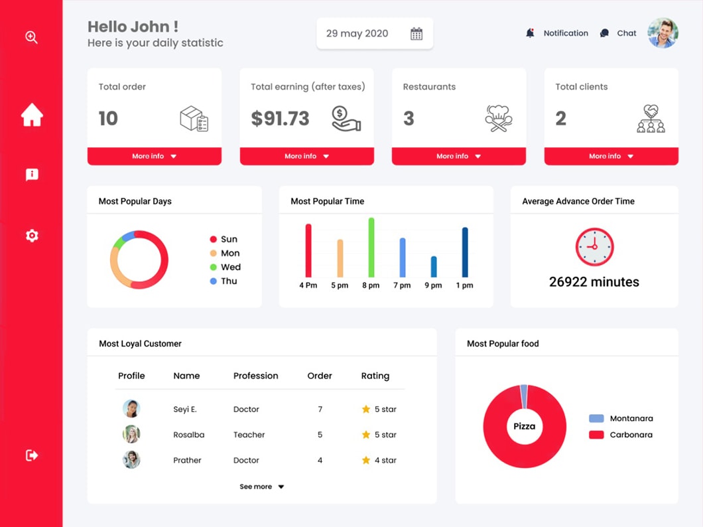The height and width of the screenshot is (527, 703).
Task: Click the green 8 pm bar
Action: tap(371, 248)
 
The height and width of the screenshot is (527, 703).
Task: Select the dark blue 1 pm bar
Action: tap(465, 252)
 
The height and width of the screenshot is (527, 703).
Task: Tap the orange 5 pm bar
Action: tap(340, 258)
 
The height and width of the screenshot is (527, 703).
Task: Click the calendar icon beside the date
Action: tap(416, 34)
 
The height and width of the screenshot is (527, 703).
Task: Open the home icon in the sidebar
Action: tap(32, 115)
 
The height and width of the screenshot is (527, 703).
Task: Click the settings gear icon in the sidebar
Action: tap(32, 236)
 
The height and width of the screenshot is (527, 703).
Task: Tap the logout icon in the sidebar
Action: tap(32, 455)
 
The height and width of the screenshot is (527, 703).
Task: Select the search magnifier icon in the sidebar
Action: tap(31, 37)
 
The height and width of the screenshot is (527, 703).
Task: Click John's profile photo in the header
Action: tap(663, 33)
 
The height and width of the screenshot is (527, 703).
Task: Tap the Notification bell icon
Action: tap(530, 33)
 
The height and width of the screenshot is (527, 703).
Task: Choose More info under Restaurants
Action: tap(458, 157)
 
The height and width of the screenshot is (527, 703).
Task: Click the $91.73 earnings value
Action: tap(280, 119)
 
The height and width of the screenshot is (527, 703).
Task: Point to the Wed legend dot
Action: tap(214, 267)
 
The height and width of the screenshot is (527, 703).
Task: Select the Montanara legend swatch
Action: tap(596, 419)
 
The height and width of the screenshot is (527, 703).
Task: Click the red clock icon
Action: tap(594, 247)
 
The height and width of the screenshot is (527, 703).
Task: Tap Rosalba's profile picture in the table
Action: tap(131, 435)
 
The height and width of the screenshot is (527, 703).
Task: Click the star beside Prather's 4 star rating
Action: tap(366, 460)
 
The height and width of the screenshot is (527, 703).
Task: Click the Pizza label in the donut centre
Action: tap(524, 426)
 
